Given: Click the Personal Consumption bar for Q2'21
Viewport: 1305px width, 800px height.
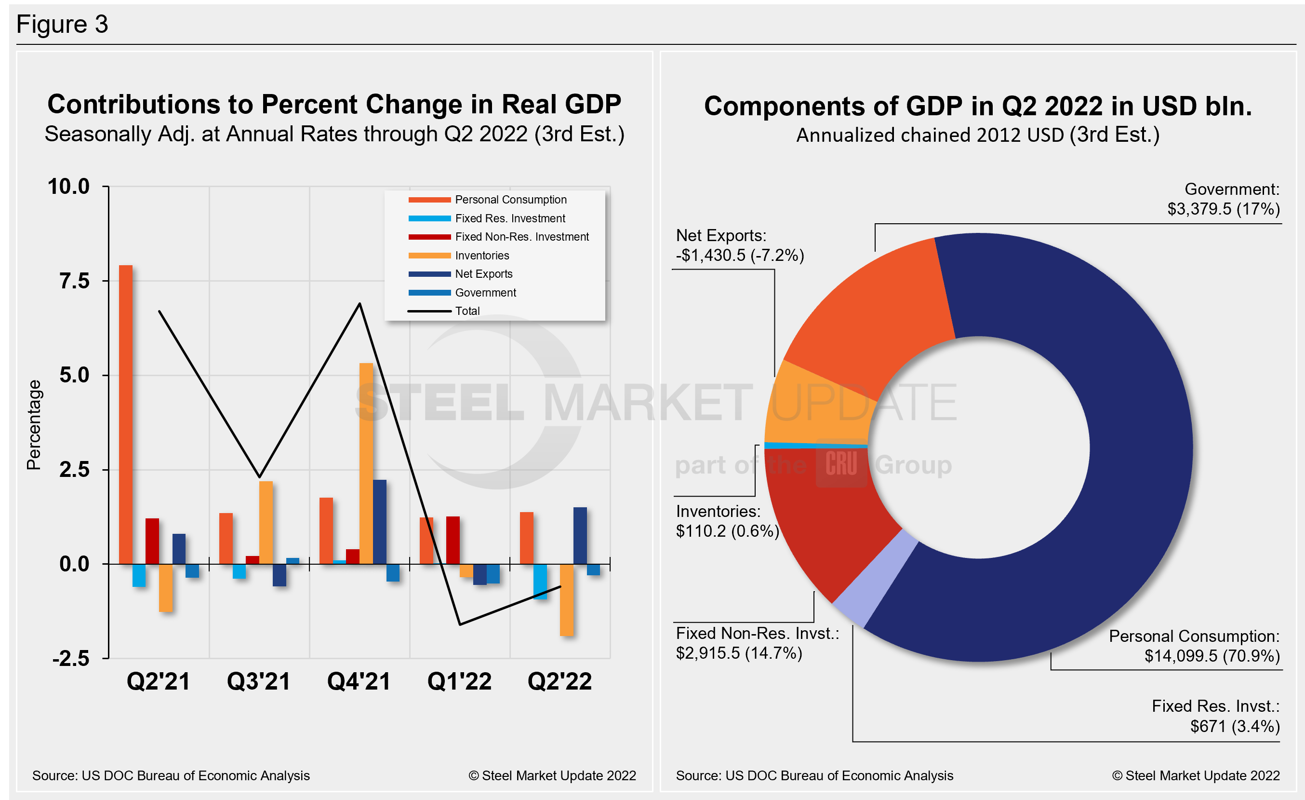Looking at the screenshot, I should point(125,413).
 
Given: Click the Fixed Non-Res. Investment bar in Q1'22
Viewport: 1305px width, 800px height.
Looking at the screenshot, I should point(453,540).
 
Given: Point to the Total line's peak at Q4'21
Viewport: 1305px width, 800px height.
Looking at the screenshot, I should point(360,304).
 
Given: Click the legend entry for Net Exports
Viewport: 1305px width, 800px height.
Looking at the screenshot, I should point(483,274).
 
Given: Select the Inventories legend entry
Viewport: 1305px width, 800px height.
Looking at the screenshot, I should point(481,256).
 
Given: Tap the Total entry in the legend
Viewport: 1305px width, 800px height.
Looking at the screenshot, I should point(467,311).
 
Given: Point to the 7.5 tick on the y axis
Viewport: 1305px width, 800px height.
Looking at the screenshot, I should point(74,281).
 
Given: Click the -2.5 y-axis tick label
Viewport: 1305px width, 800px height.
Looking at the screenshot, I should point(71,659).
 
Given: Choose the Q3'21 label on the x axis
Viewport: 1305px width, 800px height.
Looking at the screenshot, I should point(258,681).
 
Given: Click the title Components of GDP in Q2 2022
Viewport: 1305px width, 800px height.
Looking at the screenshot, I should point(978,106).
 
